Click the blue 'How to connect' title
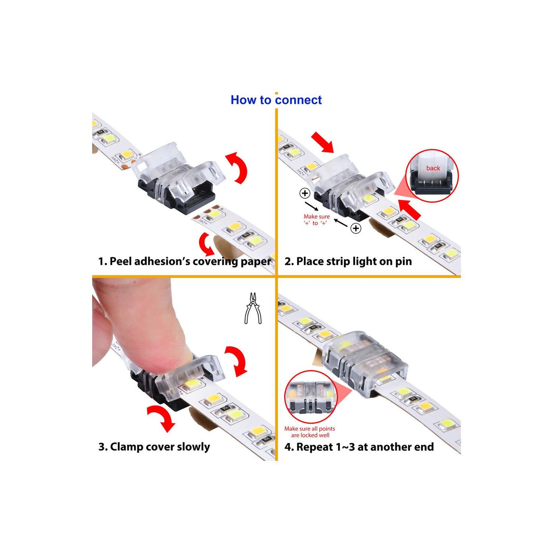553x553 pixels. pos(276,100)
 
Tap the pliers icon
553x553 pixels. pos(253,308)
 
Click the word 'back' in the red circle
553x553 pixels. pos(433,168)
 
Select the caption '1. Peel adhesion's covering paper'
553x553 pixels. pos(184,261)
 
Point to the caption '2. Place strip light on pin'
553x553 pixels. pos(348,261)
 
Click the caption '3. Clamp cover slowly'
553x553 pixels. pos(154,447)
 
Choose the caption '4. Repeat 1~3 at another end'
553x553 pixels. pos(359,447)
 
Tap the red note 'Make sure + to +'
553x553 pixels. pos(316,220)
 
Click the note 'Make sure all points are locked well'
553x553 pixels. pos(310,432)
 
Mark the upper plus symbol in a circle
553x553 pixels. pos(305,193)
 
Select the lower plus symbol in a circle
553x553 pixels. pos(356,228)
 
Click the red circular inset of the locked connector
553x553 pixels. pos(311,397)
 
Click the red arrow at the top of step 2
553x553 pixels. pos(323,142)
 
